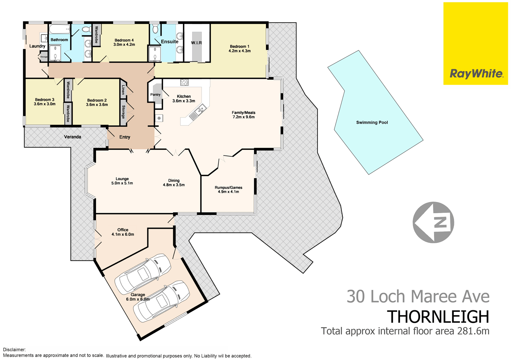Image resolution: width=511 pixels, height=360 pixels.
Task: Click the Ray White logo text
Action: pyautogui.click(x=476, y=74)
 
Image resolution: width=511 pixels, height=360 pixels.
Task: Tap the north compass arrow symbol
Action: pyautogui.click(x=433, y=222)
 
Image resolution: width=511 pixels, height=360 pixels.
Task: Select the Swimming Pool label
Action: pyautogui.click(x=372, y=123)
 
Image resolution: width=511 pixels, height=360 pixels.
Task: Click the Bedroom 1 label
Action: pyautogui.click(x=239, y=47)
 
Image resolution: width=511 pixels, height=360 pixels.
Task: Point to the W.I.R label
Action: pyautogui.click(x=196, y=43)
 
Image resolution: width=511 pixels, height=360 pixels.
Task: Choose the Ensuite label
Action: pyautogui.click(x=169, y=42)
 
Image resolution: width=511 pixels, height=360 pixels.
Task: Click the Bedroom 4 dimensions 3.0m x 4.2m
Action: pyautogui.click(x=124, y=45)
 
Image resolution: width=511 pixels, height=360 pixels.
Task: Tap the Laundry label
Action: pyautogui.click(x=37, y=46)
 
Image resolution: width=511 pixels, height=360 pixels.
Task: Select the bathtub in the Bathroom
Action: pyautogui.click(x=60, y=29)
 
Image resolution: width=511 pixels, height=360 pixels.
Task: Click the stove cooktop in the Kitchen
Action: pyautogui.click(x=184, y=82)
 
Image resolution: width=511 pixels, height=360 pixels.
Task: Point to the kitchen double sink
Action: pyautogui.click(x=198, y=111)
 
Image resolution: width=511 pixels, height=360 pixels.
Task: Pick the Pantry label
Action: pyautogui.click(x=155, y=95)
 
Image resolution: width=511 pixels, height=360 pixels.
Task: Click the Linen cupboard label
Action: pyautogui.click(x=123, y=90)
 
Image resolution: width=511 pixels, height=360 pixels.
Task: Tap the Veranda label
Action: pyautogui.click(x=73, y=137)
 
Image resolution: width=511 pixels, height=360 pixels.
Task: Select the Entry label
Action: pyautogui.click(x=125, y=137)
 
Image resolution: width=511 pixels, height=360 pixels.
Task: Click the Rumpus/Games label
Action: pyautogui.click(x=228, y=188)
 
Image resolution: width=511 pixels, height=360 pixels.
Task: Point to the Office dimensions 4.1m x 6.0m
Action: pyautogui.click(x=123, y=234)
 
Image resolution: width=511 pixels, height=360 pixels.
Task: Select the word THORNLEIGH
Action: pyautogui.click(x=438, y=317)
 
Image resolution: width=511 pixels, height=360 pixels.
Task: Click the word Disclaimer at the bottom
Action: pyautogui.click(x=14, y=349)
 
